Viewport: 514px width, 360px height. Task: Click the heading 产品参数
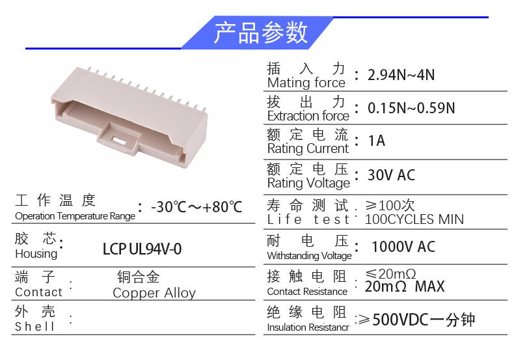tap(261, 33)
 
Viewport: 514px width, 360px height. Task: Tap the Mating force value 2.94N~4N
tap(401, 75)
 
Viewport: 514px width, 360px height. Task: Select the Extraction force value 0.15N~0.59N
tap(411, 108)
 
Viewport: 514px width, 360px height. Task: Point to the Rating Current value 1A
tap(376, 141)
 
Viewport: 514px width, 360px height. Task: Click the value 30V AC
tap(391, 174)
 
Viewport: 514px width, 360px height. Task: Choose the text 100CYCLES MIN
tap(414, 219)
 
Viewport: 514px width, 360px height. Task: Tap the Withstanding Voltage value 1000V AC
tap(403, 247)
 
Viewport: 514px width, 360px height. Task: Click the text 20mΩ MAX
tap(405, 286)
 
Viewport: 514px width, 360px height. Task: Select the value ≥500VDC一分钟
tap(416, 320)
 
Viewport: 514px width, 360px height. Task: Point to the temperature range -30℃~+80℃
tap(196, 207)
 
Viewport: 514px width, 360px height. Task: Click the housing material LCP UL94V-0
tap(142, 249)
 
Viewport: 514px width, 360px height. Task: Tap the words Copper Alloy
tap(154, 293)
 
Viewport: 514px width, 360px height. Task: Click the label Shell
tap(34, 326)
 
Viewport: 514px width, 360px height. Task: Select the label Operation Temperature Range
tap(75, 216)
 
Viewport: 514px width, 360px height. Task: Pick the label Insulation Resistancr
tap(308, 327)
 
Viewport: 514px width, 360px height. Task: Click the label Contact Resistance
tap(307, 291)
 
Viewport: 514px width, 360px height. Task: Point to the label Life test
tap(308, 219)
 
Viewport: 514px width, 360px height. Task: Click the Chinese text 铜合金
tap(139, 277)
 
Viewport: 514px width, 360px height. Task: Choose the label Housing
tap(36, 254)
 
